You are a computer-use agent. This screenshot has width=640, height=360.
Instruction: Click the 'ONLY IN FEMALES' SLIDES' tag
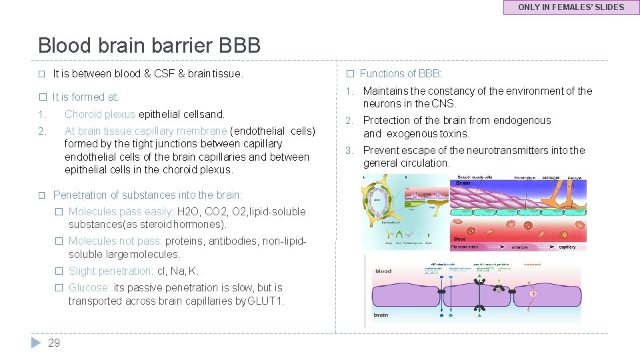pyautogui.click(x=571, y=7)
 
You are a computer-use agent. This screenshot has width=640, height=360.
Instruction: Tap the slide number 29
pyautogui.click(x=54, y=343)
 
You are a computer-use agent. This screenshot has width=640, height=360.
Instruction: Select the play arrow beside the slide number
pyautogui.click(x=36, y=343)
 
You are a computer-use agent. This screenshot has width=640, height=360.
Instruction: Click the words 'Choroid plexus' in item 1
pyautogui.click(x=100, y=114)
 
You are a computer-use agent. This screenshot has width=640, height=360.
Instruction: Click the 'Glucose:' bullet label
pyautogui.click(x=89, y=287)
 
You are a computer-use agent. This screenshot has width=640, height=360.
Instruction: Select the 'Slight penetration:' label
pyautogui.click(x=111, y=271)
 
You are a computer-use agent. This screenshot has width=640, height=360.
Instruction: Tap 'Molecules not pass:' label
pyautogui.click(x=115, y=241)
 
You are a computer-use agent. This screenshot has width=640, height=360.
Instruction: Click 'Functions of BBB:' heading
pyautogui.click(x=401, y=73)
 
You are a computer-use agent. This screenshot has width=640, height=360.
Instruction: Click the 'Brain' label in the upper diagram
pyautogui.click(x=463, y=182)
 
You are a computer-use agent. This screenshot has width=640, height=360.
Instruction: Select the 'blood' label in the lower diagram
pyautogui.click(x=383, y=271)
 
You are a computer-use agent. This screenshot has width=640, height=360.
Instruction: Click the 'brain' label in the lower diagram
pyautogui.click(x=381, y=315)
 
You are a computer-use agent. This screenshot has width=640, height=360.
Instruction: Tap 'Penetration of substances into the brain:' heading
pyautogui.click(x=147, y=195)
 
